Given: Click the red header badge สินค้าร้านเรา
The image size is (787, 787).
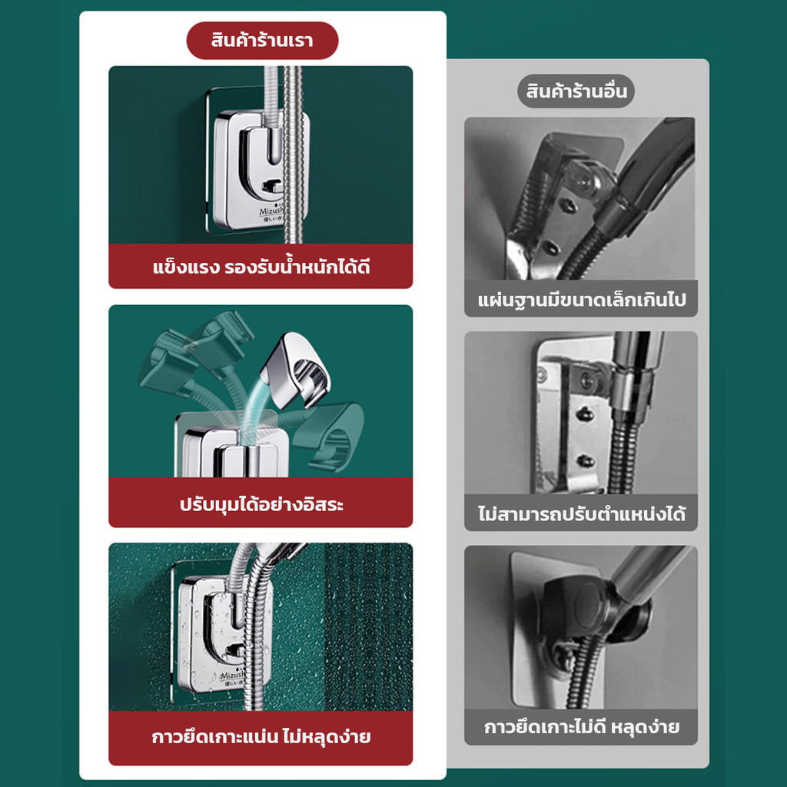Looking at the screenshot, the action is (262, 40).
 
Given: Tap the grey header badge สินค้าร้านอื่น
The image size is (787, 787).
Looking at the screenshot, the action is (576, 91).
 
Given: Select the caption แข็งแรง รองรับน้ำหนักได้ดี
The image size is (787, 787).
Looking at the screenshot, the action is (261, 267).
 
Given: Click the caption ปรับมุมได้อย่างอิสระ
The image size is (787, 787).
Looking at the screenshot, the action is (261, 504).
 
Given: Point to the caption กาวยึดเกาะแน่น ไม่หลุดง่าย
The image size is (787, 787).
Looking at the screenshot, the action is (261, 737).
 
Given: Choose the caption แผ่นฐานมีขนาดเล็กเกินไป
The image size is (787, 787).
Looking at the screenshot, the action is (581, 301).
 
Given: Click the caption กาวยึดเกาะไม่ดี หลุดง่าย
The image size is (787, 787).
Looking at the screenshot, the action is (581, 727).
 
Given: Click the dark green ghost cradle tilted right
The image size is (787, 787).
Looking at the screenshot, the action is (329, 436).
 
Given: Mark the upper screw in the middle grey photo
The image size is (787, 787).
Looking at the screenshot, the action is (583, 414).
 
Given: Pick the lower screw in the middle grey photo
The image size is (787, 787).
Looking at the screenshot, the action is (585, 460).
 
